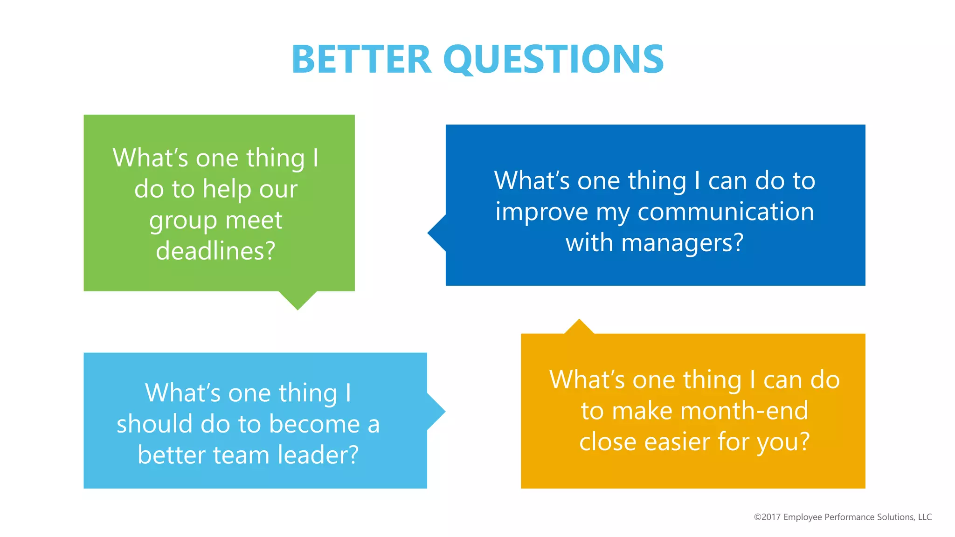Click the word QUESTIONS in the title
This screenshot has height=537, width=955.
click(x=554, y=60)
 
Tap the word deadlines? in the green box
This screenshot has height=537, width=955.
click(x=215, y=251)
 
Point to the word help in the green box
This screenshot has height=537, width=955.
click(x=227, y=189)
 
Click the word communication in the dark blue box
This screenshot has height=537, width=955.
click(x=726, y=212)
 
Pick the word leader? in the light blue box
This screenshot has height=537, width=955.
click(x=318, y=455)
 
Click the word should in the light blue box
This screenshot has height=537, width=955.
click(x=154, y=424)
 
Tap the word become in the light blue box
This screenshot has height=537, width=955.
click(x=314, y=424)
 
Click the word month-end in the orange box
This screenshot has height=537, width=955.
click(x=744, y=411)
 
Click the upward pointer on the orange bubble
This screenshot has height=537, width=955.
click(x=579, y=327)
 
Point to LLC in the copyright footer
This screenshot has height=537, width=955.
click(x=925, y=517)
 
